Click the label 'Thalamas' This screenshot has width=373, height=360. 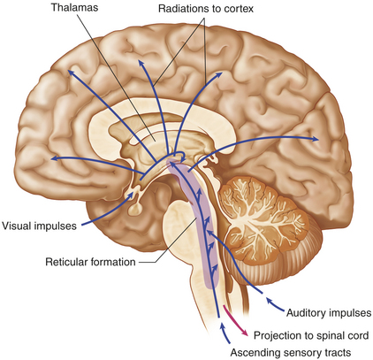(74, 7)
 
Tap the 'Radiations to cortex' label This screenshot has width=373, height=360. (206, 9)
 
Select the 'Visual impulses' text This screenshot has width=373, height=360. (39, 226)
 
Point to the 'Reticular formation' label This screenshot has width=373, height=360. (90, 262)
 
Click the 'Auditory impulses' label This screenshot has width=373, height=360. (329, 312)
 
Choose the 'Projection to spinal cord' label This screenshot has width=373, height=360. (311, 335)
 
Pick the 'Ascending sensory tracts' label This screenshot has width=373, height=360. (291, 353)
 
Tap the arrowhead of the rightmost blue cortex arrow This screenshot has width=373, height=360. (316, 139)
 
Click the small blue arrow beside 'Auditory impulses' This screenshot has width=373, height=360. (275, 304)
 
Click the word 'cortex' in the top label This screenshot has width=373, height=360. (238, 9)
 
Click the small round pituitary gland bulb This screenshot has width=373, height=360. (135, 210)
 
